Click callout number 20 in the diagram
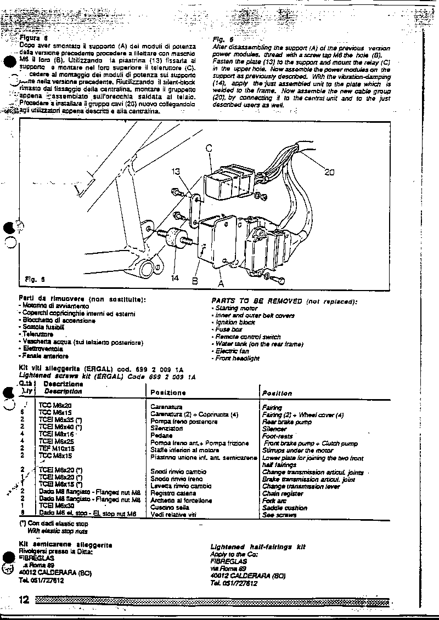[329, 172]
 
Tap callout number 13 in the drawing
[175, 172]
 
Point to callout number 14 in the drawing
[175, 278]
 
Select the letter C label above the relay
[209, 147]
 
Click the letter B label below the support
[194, 281]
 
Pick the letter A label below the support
[222, 283]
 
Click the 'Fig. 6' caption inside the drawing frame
[35, 278]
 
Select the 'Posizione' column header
[168, 393]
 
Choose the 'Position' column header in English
[277, 393]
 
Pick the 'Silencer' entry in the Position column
[274, 429]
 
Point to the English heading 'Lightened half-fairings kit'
[258, 547]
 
